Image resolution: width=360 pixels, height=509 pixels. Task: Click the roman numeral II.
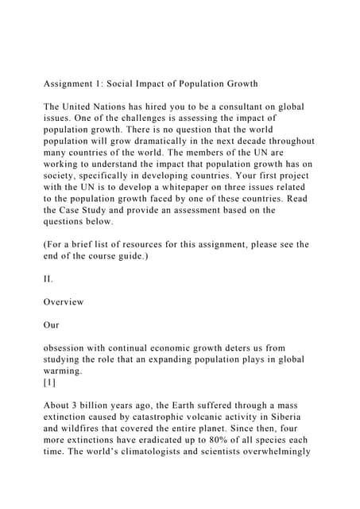48,279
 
